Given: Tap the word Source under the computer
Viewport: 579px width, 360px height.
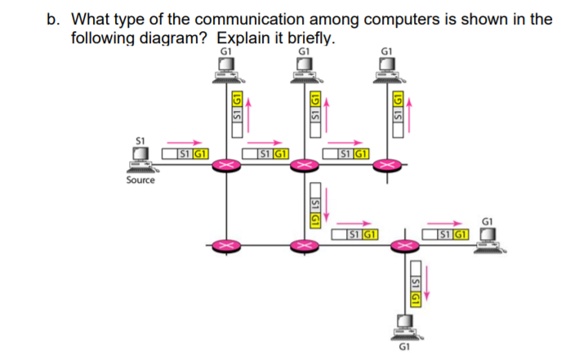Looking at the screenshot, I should pos(140,180).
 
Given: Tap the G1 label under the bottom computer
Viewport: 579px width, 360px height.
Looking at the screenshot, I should pos(402,348).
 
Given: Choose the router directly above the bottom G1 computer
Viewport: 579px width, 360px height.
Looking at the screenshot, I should pos(401,244).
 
